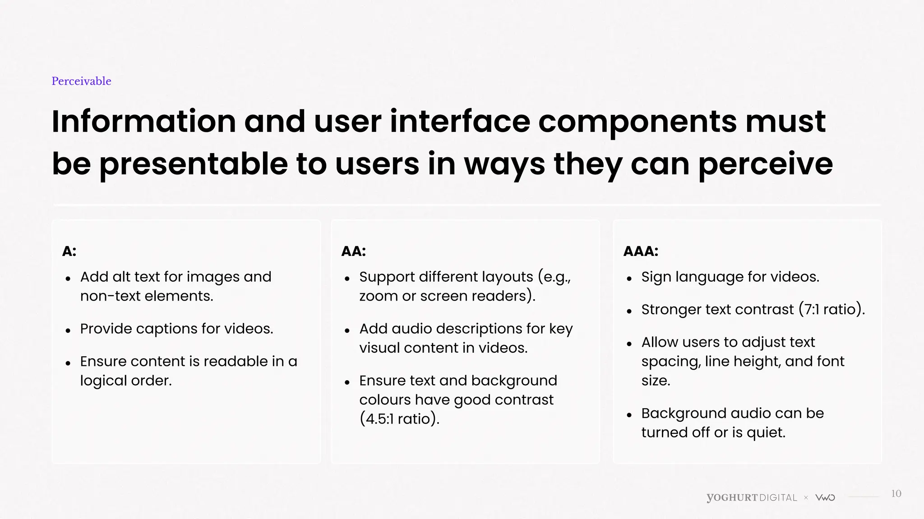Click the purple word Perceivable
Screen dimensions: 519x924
pyautogui.click(x=81, y=81)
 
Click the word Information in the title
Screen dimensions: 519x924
pyautogui.click(x=144, y=122)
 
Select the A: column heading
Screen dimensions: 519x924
pyautogui.click(x=69, y=251)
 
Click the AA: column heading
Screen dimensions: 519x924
pyautogui.click(x=354, y=251)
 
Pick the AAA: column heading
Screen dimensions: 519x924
pyautogui.click(x=641, y=251)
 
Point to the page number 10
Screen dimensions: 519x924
pyautogui.click(x=896, y=494)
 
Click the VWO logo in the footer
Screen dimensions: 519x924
pyautogui.click(x=825, y=498)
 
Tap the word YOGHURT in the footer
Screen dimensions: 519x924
pyautogui.click(x=732, y=498)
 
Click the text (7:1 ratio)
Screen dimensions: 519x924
pyautogui.click(x=831, y=310)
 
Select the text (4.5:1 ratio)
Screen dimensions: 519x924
pyautogui.click(x=399, y=419)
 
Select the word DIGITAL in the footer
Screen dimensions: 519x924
pyautogui.click(x=778, y=498)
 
